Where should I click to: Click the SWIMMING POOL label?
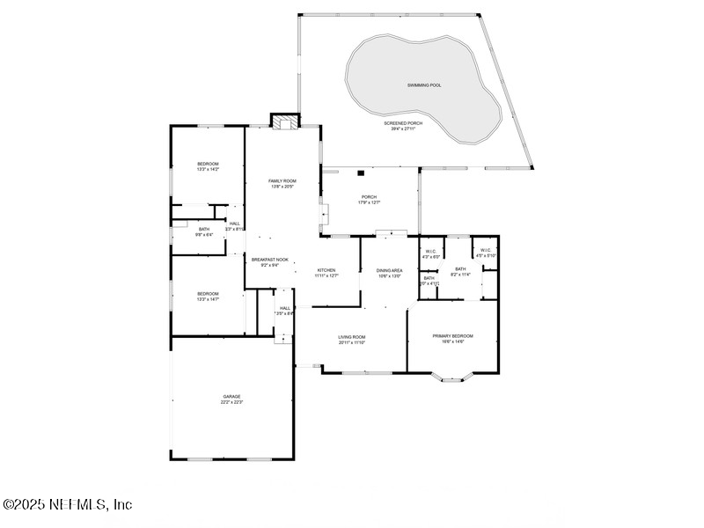(424, 85)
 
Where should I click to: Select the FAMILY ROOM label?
(282, 180)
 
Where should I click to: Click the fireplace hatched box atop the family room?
(284, 122)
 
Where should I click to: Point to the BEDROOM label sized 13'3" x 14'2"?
(208, 165)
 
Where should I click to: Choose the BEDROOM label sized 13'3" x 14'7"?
(208, 293)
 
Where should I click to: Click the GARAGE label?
(231, 396)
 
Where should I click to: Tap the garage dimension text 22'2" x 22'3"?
(231, 402)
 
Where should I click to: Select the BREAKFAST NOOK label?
(270, 260)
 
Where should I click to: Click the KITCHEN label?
(326, 270)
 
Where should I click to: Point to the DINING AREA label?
(389, 270)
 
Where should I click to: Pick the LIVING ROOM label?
(352, 336)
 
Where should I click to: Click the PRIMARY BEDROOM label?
(452, 335)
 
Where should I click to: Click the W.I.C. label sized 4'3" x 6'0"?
(430, 251)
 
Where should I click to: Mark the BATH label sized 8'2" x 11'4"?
(460, 269)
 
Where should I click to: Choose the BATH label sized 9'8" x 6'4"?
(204, 229)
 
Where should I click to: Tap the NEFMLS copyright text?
(67, 504)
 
